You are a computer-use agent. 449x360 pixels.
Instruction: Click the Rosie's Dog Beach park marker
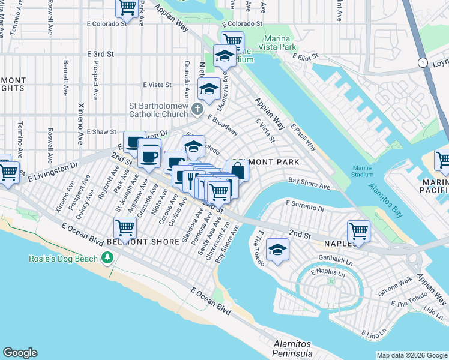coord(107,258)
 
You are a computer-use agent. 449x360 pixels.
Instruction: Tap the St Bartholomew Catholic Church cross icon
coord(199,109)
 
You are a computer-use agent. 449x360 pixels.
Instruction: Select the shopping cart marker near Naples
coord(358,230)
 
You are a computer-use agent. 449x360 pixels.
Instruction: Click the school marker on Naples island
coord(277,249)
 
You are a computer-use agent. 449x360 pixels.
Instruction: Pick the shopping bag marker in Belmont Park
coord(238,170)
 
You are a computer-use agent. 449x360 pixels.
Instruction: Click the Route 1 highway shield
coord(423,63)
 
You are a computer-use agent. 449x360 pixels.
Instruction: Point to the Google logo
coord(20,353)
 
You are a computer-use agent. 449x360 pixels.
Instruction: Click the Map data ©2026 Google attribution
coord(412,355)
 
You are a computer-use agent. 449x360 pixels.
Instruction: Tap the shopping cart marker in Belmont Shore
coord(125,227)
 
